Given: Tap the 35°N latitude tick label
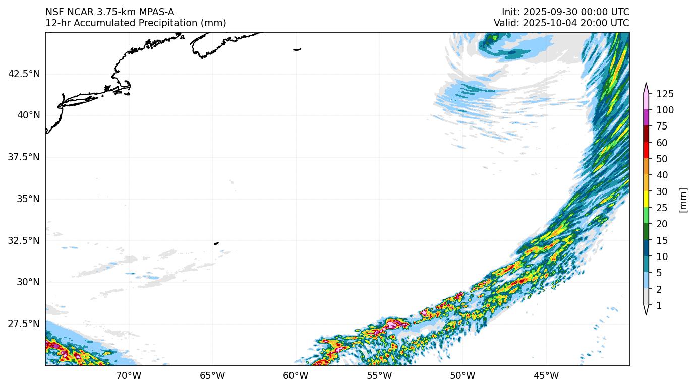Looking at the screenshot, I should [28, 199].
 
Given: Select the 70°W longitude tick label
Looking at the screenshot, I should [129, 375].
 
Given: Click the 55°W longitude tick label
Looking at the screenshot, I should [379, 375].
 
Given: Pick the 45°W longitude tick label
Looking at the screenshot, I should [546, 375].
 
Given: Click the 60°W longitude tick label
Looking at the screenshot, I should [296, 375].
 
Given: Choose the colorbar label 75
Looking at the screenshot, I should [661, 126].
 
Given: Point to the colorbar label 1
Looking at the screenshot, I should [659, 306].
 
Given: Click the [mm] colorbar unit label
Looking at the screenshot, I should [683, 200].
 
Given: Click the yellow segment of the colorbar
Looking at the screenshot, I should [646, 200].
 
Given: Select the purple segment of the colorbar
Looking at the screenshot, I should [646, 118].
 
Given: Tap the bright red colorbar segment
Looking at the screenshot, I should [646, 151].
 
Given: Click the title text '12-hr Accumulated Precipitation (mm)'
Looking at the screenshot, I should [136, 23].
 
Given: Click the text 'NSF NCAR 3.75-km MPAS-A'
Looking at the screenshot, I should [110, 12].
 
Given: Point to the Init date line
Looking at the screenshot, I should [565, 12].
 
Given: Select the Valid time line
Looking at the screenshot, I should [561, 23].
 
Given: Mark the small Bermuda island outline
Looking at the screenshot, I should [216, 243].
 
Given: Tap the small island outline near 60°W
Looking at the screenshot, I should [297, 49].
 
